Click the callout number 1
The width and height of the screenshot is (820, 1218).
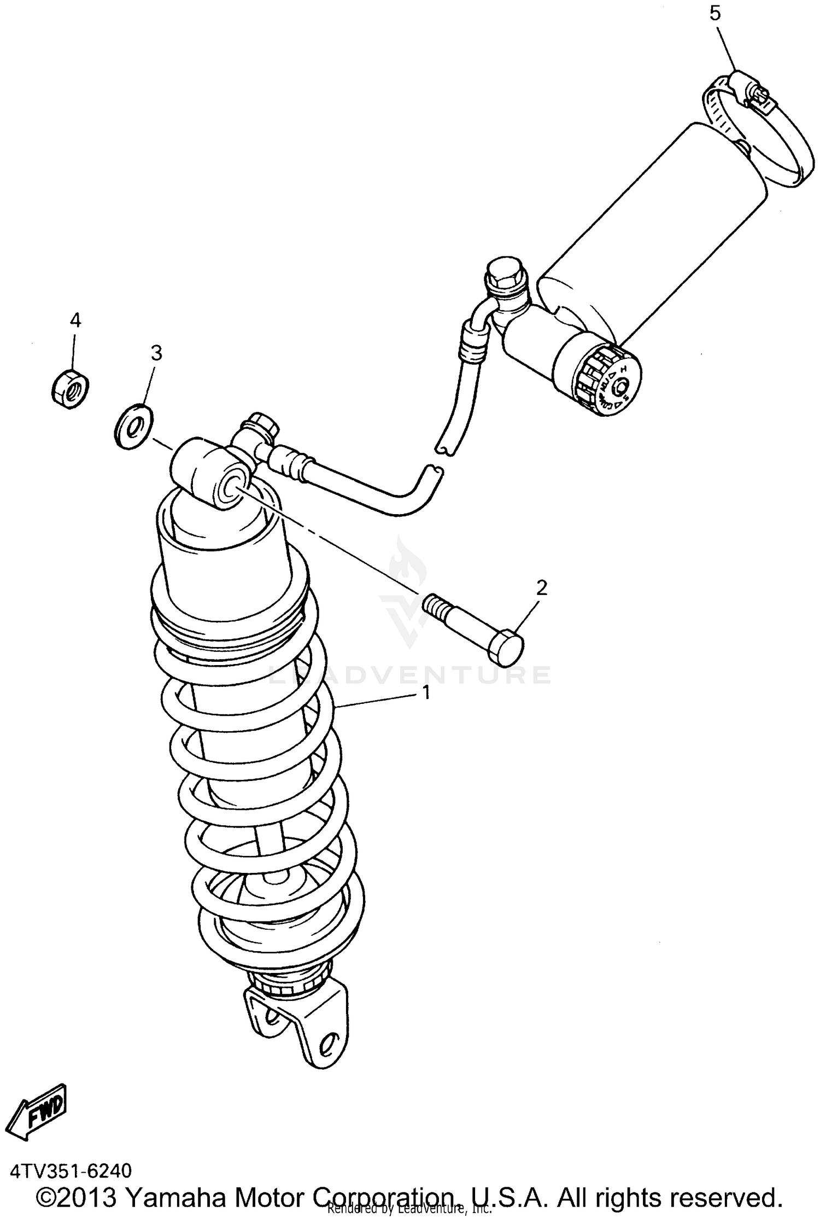(425, 693)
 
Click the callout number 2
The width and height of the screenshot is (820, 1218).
(541, 588)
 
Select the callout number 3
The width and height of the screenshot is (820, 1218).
(156, 353)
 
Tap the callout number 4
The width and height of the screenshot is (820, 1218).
(75, 320)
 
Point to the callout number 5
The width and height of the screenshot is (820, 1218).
(715, 14)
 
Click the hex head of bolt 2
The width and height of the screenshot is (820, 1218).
(506, 646)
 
